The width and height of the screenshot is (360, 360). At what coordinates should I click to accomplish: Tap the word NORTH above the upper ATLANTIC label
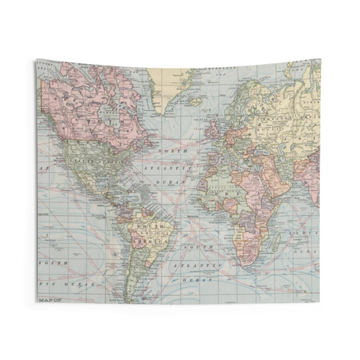tap(174, 151)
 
